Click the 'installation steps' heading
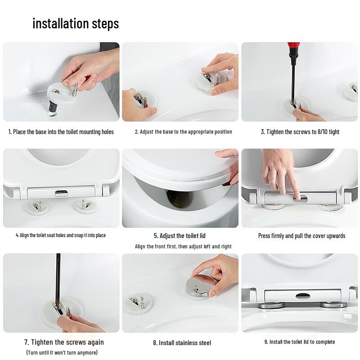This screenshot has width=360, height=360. click(76, 23)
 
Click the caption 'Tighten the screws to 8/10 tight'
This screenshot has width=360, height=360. click(300, 132)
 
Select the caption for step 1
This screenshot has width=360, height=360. click(61, 132)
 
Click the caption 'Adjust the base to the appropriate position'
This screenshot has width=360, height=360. click(183, 132)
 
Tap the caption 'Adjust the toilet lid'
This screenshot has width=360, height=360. click(180, 236)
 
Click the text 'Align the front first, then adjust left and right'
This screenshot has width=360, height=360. click(183, 247)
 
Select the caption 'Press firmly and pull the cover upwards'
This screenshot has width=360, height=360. click(301, 236)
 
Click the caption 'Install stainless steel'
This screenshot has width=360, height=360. click(182, 342)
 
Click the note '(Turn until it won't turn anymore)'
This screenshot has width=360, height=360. click(62, 352)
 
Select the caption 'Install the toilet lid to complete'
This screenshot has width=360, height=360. click(300, 342)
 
